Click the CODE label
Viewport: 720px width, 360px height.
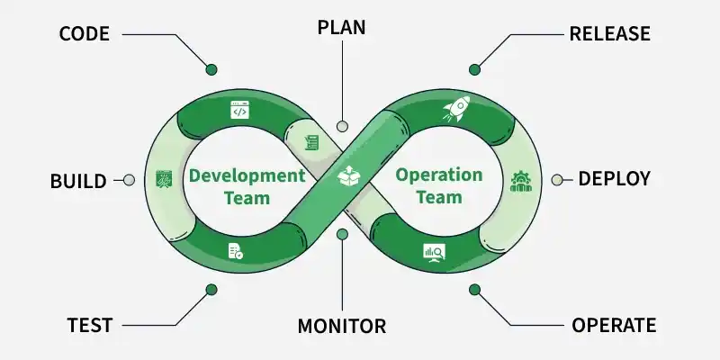85,34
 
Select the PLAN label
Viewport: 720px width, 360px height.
342,28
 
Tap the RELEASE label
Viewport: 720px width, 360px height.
610,34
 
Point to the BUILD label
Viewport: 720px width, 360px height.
78,181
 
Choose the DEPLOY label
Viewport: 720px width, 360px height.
615,178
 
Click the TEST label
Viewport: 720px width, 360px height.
90,325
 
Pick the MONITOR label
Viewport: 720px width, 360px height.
342,326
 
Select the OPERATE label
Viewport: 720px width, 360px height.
614,325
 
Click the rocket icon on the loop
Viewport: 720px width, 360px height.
456,109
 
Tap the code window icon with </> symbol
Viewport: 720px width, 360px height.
239,110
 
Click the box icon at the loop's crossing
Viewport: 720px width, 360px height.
347,175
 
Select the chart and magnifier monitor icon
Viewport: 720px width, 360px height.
434,253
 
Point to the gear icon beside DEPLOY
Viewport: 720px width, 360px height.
521,182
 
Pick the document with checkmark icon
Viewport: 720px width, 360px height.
236,251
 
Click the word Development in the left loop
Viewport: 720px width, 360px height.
247,175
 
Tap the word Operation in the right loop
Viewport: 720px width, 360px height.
439,175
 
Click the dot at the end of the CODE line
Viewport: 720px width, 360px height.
211,70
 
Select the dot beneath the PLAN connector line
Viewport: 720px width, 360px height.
342,126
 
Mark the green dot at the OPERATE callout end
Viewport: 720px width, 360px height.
475,290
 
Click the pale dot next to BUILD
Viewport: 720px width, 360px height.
129,180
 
